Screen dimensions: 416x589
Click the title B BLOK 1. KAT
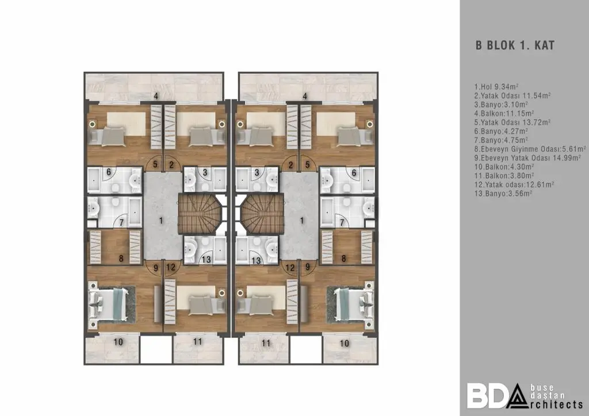pos(515,46)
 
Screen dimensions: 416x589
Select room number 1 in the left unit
pos(161,219)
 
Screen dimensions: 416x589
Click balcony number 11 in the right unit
pos(266,342)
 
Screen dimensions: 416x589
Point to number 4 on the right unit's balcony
pos(305,95)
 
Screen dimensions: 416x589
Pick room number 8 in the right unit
pos(343,259)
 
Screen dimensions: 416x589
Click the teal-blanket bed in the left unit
pos(110,304)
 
